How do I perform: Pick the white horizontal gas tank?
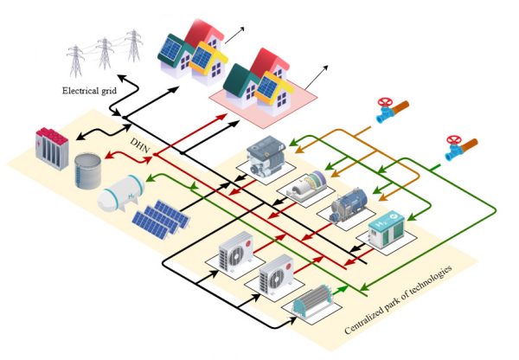[122, 197]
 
